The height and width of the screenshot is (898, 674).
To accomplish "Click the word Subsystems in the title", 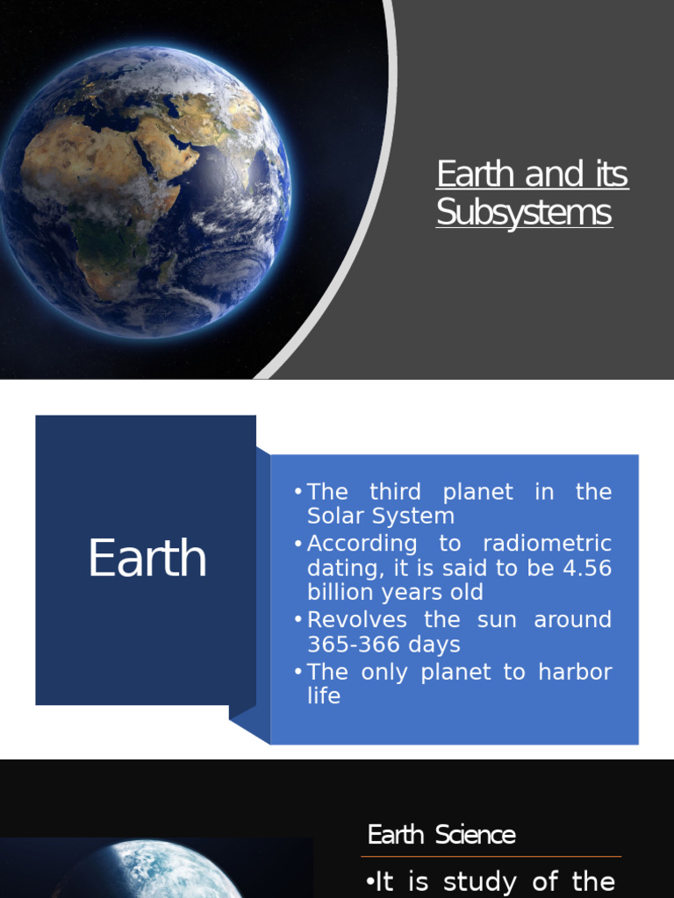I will click(x=524, y=213).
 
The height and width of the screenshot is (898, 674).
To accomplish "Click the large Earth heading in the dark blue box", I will click(x=147, y=559).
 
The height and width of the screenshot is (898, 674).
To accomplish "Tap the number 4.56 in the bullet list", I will click(x=587, y=567).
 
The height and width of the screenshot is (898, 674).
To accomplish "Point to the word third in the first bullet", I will click(x=395, y=492).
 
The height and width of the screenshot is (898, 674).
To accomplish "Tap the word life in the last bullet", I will click(x=323, y=696).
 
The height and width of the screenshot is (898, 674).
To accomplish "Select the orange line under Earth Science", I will click(x=491, y=856).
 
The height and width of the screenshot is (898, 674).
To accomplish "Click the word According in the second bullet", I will click(x=362, y=543).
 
